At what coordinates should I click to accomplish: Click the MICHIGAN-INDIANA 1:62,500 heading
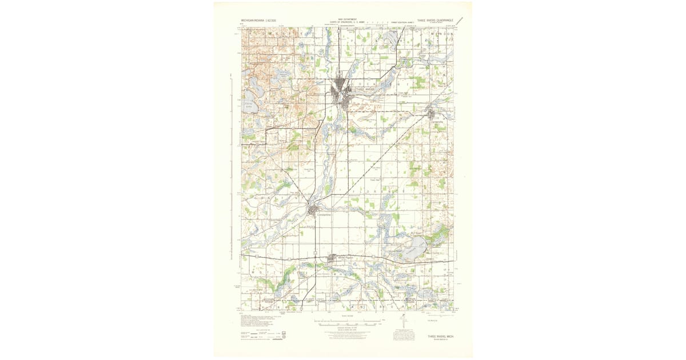pyautogui.click(x=258, y=20)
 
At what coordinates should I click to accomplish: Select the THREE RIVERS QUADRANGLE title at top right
pyautogui.click(x=436, y=19)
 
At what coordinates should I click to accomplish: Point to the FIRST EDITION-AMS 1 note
pyautogui.click(x=402, y=23)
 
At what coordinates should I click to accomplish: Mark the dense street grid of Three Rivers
pyautogui.click(x=343, y=91)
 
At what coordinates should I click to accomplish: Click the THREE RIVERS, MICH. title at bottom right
pyautogui.click(x=440, y=337)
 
